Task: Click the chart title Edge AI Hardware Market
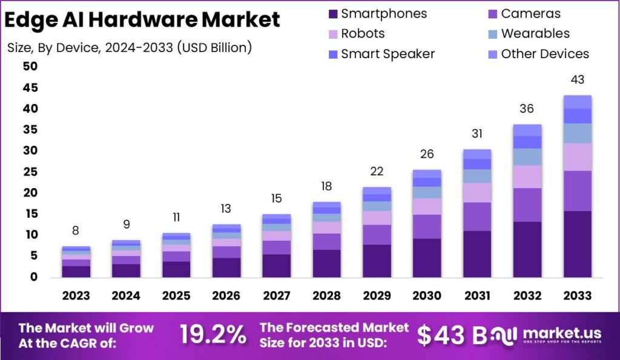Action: [x=142, y=20]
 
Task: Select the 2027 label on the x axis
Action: [x=276, y=295]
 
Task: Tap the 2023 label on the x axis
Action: [x=76, y=295]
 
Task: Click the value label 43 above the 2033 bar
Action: [x=577, y=80]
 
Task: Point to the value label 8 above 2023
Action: [x=76, y=231]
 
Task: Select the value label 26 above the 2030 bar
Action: [x=427, y=154]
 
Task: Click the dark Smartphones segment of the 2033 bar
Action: [x=577, y=244]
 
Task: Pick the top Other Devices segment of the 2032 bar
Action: [x=527, y=130]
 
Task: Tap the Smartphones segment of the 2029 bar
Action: [x=377, y=261]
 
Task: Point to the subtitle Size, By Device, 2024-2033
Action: [x=129, y=47]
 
